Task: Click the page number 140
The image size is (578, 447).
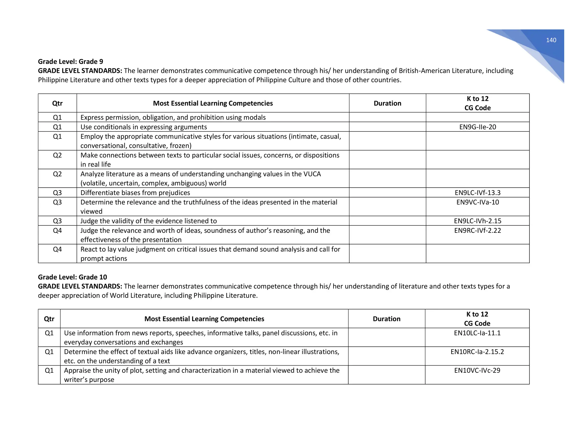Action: (551, 40)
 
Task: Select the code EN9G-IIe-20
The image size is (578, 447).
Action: (478, 127)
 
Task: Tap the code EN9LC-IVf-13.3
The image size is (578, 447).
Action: (478, 193)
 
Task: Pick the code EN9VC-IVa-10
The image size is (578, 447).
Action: (478, 202)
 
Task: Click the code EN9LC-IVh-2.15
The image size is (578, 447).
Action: (478, 221)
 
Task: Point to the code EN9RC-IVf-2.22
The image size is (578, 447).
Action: (478, 231)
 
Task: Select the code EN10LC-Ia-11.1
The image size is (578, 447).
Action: (477, 333)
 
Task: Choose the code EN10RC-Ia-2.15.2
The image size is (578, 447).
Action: (477, 352)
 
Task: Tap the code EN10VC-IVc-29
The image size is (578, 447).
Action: (477, 370)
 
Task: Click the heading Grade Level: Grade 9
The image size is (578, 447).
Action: (71, 62)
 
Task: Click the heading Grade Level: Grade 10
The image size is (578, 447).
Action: (73, 277)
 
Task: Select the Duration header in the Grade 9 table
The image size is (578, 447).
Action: (387, 103)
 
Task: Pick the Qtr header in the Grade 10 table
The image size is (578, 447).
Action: (49, 319)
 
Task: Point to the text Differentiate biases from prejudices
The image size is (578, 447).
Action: (135, 193)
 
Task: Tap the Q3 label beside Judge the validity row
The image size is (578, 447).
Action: (57, 221)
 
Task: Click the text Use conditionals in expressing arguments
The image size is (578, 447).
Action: (144, 127)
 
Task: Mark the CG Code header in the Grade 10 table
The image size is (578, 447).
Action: (477, 323)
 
